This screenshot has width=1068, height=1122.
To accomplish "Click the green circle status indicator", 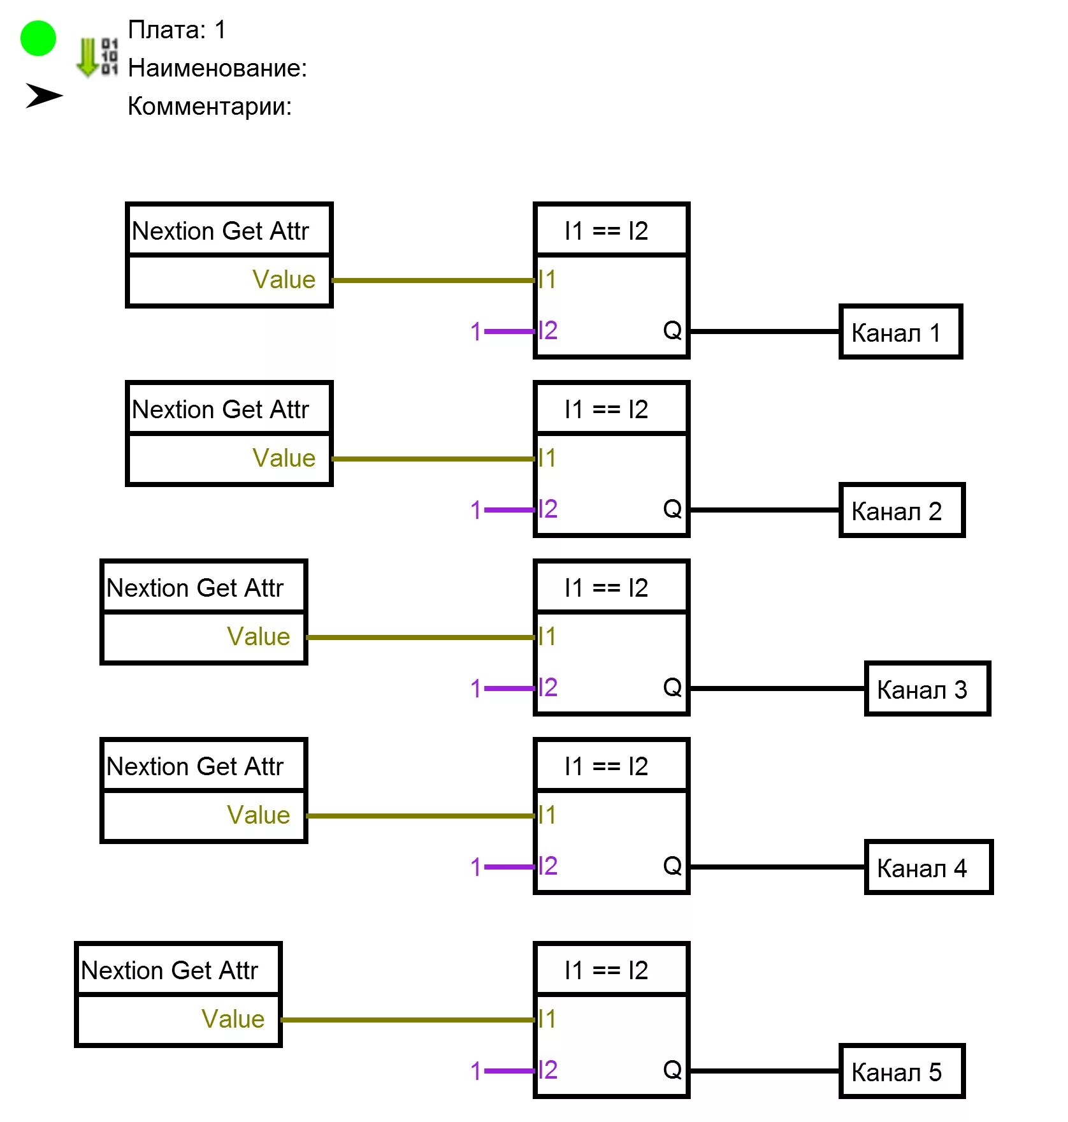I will click(x=38, y=38).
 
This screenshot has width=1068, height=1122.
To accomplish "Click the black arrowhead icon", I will click(x=43, y=96).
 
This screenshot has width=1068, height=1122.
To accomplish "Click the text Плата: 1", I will click(x=177, y=30).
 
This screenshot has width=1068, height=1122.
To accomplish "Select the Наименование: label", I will click(x=217, y=68).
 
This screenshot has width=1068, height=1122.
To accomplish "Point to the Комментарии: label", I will click(x=210, y=106).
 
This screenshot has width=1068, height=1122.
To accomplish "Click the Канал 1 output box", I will click(x=900, y=332).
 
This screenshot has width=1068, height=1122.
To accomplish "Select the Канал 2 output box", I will click(x=901, y=511).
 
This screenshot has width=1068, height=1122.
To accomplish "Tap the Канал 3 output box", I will click(x=927, y=689).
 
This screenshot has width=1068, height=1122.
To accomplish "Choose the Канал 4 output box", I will click(x=928, y=868).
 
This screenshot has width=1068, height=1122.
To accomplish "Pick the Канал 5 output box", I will click(x=901, y=1072).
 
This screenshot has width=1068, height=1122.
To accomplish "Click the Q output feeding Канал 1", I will click(x=672, y=331).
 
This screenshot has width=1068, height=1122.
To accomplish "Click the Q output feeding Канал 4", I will click(x=672, y=866).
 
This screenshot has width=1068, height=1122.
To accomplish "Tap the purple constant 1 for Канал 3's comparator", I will click(x=475, y=688).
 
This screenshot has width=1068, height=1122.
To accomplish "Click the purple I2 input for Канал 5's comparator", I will click(x=547, y=1070).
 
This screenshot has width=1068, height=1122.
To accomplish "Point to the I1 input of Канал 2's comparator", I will click(x=547, y=458).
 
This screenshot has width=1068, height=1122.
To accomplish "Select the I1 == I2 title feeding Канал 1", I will click(x=606, y=231).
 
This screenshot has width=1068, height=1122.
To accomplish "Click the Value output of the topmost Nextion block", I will click(x=284, y=280).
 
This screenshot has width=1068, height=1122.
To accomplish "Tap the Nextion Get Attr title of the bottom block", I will click(x=170, y=970).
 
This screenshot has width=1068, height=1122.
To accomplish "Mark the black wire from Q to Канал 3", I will click(x=777, y=688).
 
